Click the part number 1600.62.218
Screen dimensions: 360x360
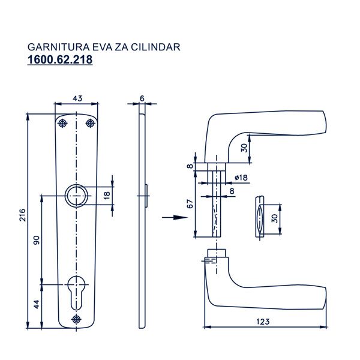[60, 60]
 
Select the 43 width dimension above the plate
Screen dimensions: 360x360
[77, 98]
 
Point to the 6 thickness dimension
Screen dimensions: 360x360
[142, 98]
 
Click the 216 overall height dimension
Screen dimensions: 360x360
[22, 216]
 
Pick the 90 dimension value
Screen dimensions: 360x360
[36, 239]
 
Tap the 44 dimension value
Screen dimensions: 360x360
[36, 304]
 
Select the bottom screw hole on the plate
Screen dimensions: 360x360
[76, 319]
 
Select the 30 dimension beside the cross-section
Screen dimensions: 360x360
[275, 218]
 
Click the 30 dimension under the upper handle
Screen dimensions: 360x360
[244, 148]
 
